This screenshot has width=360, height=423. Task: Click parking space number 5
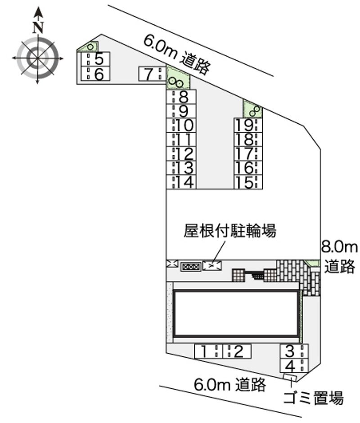click(95, 59)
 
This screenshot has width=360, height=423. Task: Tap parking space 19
click(248, 125)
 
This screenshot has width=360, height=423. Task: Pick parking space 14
click(181, 181)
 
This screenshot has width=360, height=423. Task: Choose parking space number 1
click(209, 351)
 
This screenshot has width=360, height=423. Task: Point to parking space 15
click(248, 182)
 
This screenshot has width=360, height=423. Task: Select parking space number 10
click(181, 125)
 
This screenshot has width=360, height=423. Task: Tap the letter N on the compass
click(38, 27)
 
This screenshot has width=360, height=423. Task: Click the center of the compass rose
click(37, 58)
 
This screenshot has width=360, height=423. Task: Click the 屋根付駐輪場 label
click(229, 231)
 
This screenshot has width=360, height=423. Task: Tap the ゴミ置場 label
click(314, 397)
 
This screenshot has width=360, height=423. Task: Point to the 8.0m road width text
click(339, 247)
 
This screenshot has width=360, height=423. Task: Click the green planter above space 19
click(252, 109)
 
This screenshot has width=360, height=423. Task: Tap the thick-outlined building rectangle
click(237, 313)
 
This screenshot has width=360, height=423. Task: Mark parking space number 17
click(248, 153)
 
